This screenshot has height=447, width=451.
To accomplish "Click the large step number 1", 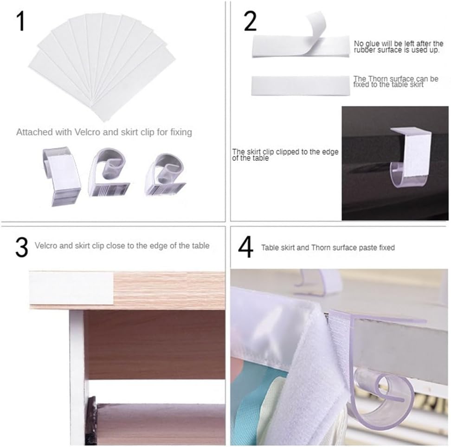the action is pos(21,21).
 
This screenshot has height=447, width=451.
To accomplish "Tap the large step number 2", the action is pos(250,21).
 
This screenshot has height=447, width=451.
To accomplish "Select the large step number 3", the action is pos(22,247).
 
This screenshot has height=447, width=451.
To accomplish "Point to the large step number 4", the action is pos(246,247).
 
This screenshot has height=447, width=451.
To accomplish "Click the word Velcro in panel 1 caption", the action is pos(87,132).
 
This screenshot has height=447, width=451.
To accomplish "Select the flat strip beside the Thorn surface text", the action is pos(301,86).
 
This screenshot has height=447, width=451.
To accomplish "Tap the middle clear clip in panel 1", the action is pos(109,172).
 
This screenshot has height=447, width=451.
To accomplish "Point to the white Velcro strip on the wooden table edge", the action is pos(71,288).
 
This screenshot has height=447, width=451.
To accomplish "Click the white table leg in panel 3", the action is pos(77,377).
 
